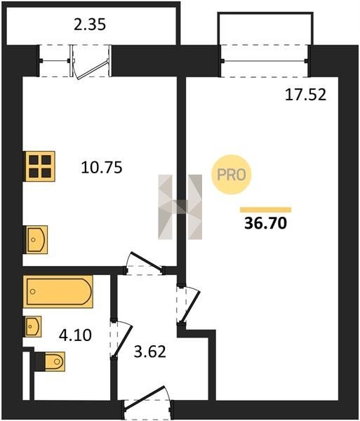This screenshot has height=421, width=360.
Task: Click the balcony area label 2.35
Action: click(90, 24)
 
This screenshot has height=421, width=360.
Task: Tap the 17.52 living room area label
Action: click(305, 95)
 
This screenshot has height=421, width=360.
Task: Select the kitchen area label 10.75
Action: click(102, 167)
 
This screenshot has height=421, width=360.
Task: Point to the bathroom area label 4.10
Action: click(75, 335)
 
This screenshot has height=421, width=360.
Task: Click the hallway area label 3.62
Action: click(149, 352)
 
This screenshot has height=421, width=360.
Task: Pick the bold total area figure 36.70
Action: click(265, 223)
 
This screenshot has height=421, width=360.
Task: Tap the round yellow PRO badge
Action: click(232, 175)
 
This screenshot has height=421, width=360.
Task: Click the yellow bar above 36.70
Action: click(265, 210)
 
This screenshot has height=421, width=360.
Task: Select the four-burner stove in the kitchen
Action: click(39, 166)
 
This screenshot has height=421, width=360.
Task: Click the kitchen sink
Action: click(36, 239)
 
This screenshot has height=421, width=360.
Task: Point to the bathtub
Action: click(58, 292)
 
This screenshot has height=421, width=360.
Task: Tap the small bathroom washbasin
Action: click(33, 326)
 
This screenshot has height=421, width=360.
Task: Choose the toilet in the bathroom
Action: click(51, 361)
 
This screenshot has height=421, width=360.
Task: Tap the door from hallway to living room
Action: click(188, 305)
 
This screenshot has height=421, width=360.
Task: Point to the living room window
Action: click(265, 61)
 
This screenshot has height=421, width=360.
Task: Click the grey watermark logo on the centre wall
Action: click(180, 207)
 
